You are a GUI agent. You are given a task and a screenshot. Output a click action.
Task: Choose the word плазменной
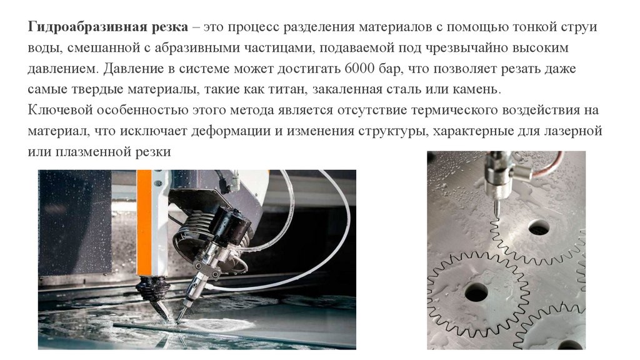(x=90, y=152)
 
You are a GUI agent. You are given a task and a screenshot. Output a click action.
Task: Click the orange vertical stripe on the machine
(x=144, y=223)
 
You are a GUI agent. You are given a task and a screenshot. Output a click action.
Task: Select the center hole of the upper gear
(x=539, y=227)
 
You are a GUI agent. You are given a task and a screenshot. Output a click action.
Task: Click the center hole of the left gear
(x=476, y=292)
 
